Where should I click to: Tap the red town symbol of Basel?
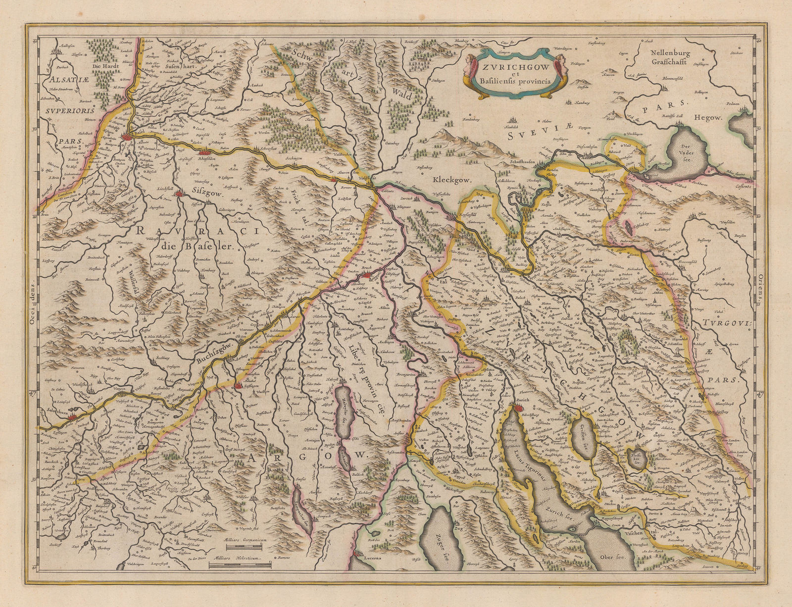coord(130,136)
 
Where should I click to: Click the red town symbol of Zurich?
coord(517,407)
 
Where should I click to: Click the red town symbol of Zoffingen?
coord(239,386)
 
